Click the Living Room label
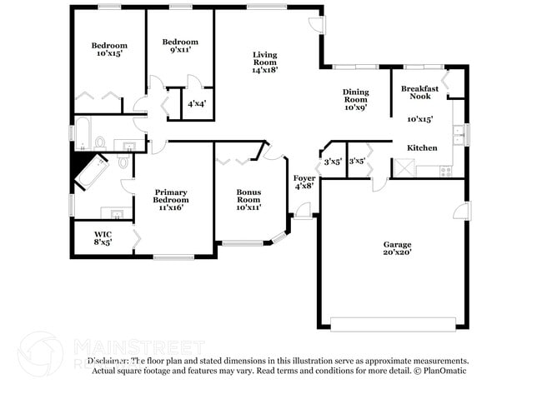point(264,62)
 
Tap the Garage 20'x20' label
point(397,247)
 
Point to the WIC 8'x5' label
point(103,238)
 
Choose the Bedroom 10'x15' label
point(109,50)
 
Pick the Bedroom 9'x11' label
point(180,46)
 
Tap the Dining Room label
point(355,99)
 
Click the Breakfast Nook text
point(419,92)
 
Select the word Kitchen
point(421,147)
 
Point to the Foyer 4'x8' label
point(304,182)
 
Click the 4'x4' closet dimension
point(196,104)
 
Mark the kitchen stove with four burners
point(445,171)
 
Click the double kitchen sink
point(457,132)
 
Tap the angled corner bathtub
point(91,171)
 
